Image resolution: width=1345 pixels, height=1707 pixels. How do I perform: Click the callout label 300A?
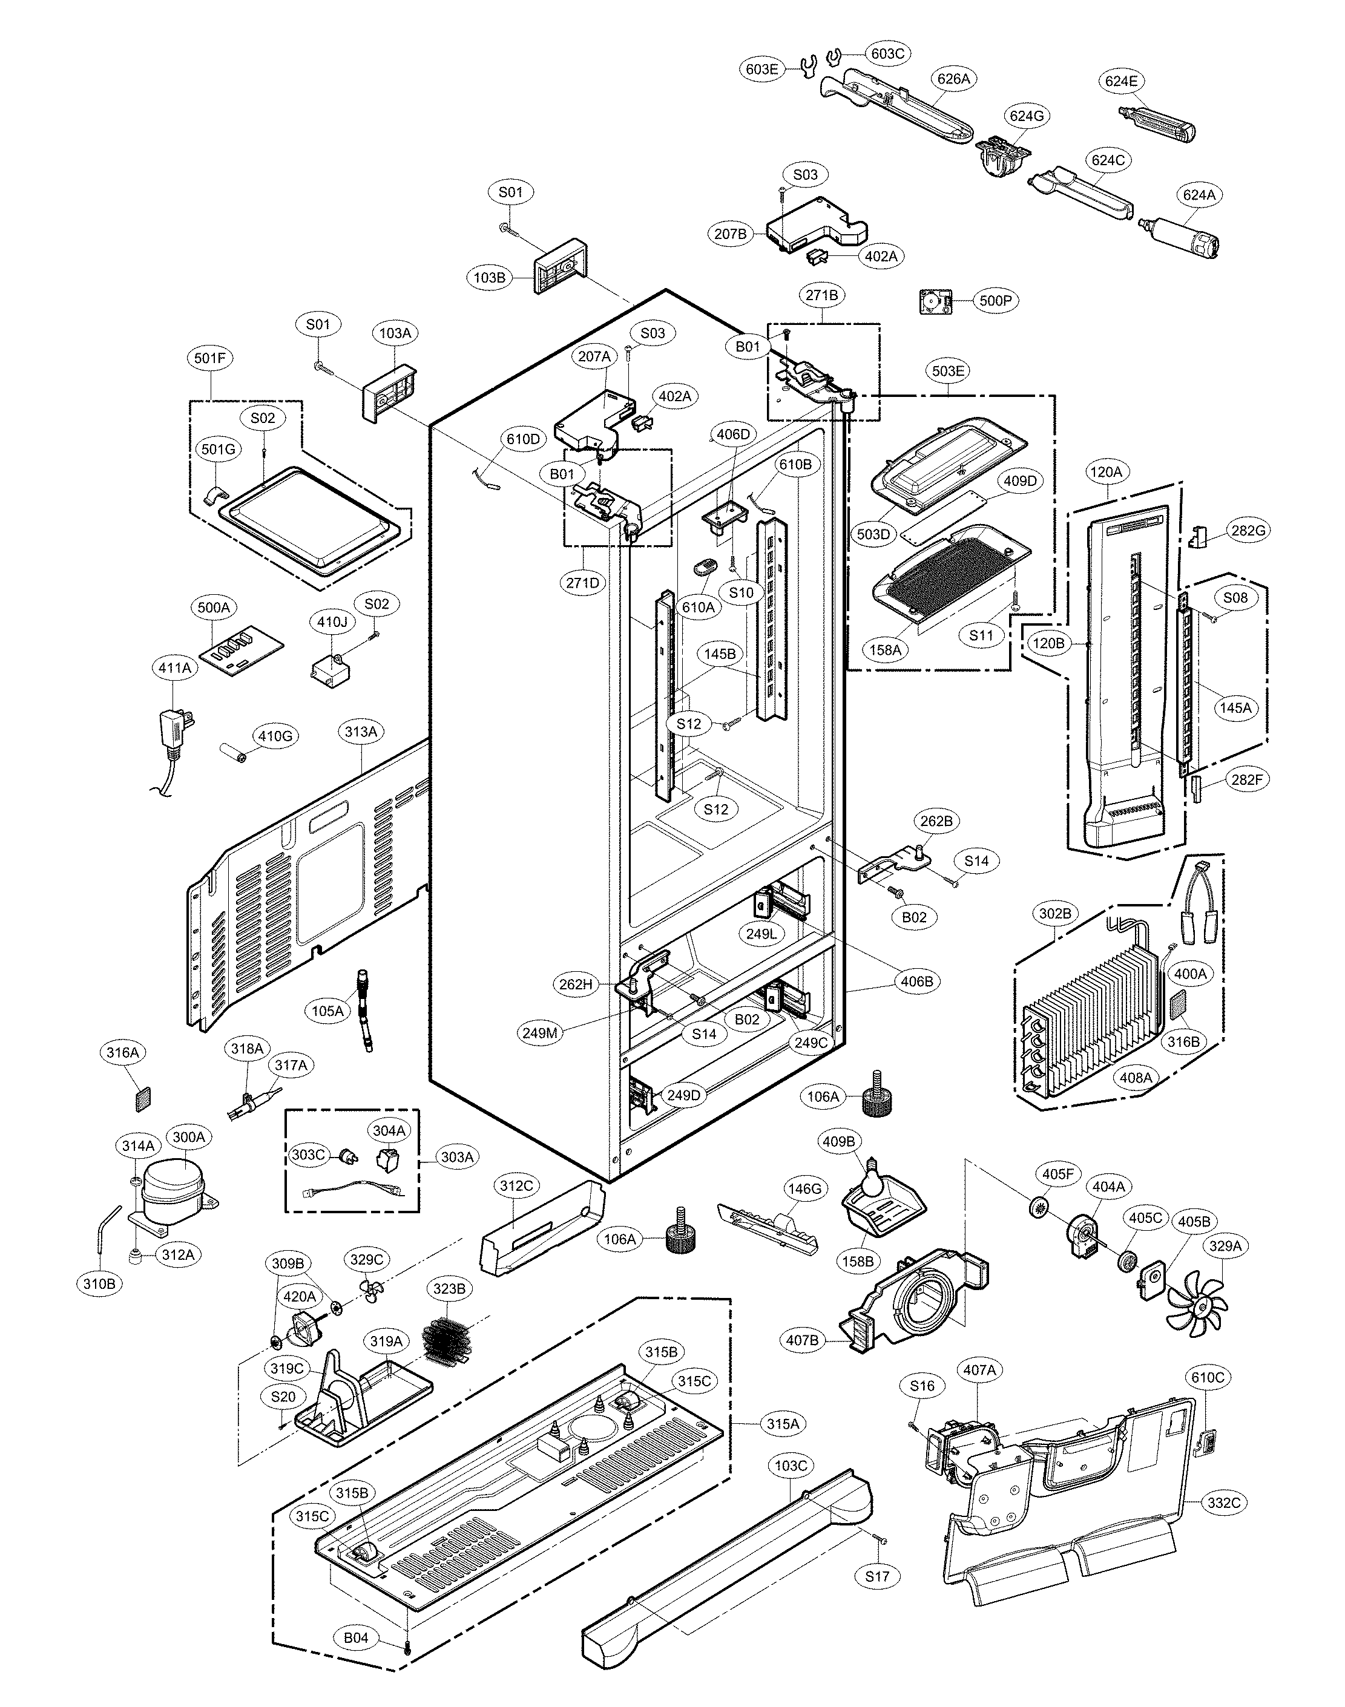click(189, 1137)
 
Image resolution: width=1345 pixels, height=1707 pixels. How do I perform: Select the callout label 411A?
click(174, 668)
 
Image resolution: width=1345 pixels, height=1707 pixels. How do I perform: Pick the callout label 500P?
click(995, 301)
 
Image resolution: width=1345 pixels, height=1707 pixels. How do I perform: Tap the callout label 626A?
click(953, 79)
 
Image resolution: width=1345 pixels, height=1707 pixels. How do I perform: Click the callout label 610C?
click(1208, 1377)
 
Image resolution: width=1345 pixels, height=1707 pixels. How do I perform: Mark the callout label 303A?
click(458, 1158)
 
